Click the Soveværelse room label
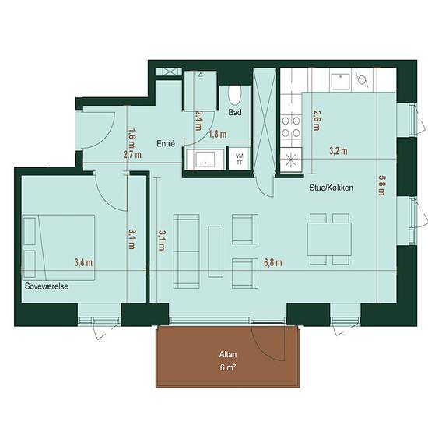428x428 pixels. point(47,286)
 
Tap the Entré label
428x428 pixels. point(166,144)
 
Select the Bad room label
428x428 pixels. point(235,112)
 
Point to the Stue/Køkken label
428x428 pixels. point(331,188)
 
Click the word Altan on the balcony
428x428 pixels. point(228,354)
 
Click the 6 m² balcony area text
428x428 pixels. point(228,367)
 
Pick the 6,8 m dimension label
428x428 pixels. point(273,262)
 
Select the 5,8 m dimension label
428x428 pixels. point(381,185)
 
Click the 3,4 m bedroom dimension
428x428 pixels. point(83,262)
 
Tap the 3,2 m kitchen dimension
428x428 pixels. point(339,151)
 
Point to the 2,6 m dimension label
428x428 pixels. point(317,121)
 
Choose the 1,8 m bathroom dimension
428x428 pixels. point(218,135)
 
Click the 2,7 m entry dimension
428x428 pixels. point(132,155)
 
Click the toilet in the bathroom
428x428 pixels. point(235,96)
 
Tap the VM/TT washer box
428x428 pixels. point(240,159)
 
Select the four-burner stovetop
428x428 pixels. point(291,126)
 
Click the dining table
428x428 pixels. point(329,239)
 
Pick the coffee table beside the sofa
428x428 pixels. point(216,251)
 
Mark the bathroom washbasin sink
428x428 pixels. point(205,159)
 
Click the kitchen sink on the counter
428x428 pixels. point(340,82)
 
